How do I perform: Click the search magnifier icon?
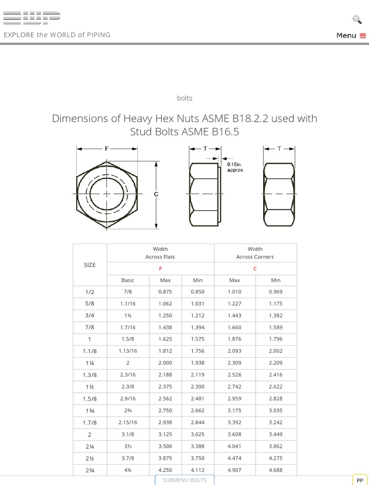click(x=357, y=19)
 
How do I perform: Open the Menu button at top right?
click(x=351, y=35)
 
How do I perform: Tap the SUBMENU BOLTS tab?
click(x=184, y=480)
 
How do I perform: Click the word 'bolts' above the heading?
click(x=184, y=98)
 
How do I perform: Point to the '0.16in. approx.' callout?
click(x=235, y=167)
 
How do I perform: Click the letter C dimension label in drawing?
click(x=156, y=194)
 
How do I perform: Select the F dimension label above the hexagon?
click(x=107, y=149)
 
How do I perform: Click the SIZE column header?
click(x=90, y=265)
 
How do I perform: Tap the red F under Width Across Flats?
click(x=160, y=269)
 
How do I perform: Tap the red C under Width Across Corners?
click(x=255, y=269)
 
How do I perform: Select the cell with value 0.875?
click(x=165, y=292)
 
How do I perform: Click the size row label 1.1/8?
click(x=90, y=351)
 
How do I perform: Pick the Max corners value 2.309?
click(x=234, y=363)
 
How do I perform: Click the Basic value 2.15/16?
click(x=128, y=422)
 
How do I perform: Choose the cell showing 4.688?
click(x=276, y=470)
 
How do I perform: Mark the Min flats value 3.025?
click(x=197, y=434)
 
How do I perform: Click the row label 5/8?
click(x=90, y=304)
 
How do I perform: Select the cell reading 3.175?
click(x=234, y=411)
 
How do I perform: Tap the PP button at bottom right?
click(x=360, y=480)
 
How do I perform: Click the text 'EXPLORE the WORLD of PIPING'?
click(x=57, y=35)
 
